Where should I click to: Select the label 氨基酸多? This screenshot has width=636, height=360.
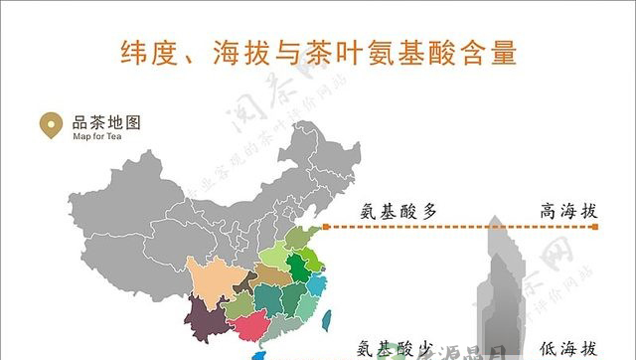point(397,211)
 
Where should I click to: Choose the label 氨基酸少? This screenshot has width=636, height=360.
point(397,348)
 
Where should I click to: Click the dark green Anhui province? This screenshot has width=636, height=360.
point(296,267)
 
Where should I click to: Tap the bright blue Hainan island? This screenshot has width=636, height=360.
point(260,355)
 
